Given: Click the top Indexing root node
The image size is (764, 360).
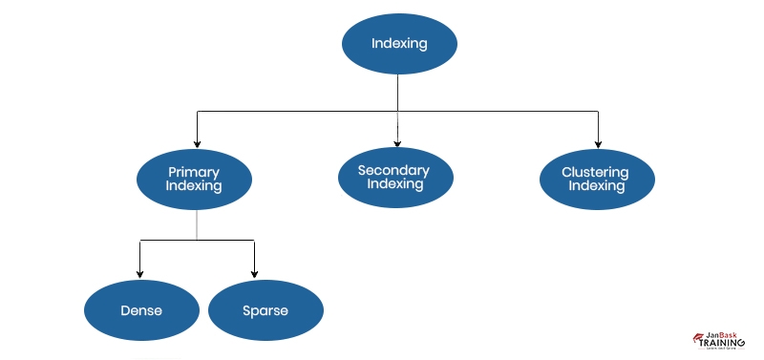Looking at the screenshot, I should (x=400, y=44).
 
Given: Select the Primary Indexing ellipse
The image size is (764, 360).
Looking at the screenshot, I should (x=194, y=180).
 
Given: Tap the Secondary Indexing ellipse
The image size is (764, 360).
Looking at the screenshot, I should (x=394, y=177).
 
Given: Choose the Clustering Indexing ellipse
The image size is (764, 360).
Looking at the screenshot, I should (x=597, y=180).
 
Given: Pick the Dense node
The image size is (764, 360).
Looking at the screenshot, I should (x=141, y=311).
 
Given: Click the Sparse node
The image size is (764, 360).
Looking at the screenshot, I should (x=265, y=311).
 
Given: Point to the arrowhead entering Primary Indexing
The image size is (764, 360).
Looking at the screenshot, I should (x=197, y=143).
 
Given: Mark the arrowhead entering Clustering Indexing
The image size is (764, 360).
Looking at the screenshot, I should (x=598, y=143).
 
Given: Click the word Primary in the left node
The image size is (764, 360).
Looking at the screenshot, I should (x=194, y=173).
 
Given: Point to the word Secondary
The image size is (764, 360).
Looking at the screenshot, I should (x=394, y=170).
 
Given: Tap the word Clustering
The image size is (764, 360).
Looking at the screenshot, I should (x=597, y=173).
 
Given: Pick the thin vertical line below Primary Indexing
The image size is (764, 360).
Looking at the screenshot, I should (x=197, y=224).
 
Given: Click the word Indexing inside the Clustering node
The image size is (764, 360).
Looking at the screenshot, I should (x=597, y=186).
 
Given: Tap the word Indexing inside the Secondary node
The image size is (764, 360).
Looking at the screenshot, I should (x=394, y=183).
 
